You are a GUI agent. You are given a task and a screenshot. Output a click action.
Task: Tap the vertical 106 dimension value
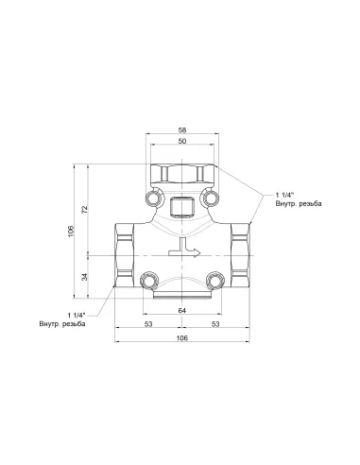[x=71, y=232]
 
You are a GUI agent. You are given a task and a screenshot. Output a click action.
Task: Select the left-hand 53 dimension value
[x=149, y=324]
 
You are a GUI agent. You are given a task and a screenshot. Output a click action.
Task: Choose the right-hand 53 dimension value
[x=217, y=324]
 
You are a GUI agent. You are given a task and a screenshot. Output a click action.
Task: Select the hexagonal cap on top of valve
[x=183, y=174]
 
